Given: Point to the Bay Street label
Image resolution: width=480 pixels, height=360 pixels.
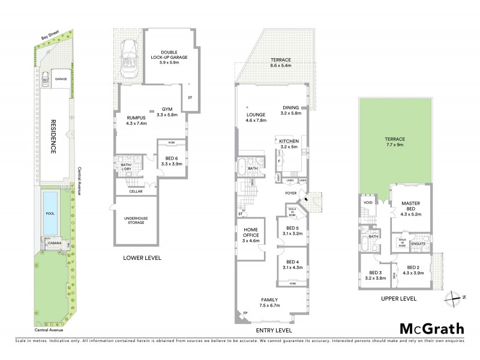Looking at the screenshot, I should [50, 38].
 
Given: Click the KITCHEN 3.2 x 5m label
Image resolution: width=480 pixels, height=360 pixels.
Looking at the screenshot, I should [289, 143].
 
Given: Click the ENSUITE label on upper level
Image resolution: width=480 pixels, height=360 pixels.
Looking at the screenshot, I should [418, 244].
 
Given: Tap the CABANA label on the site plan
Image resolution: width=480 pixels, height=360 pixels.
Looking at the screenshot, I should [53, 244].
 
